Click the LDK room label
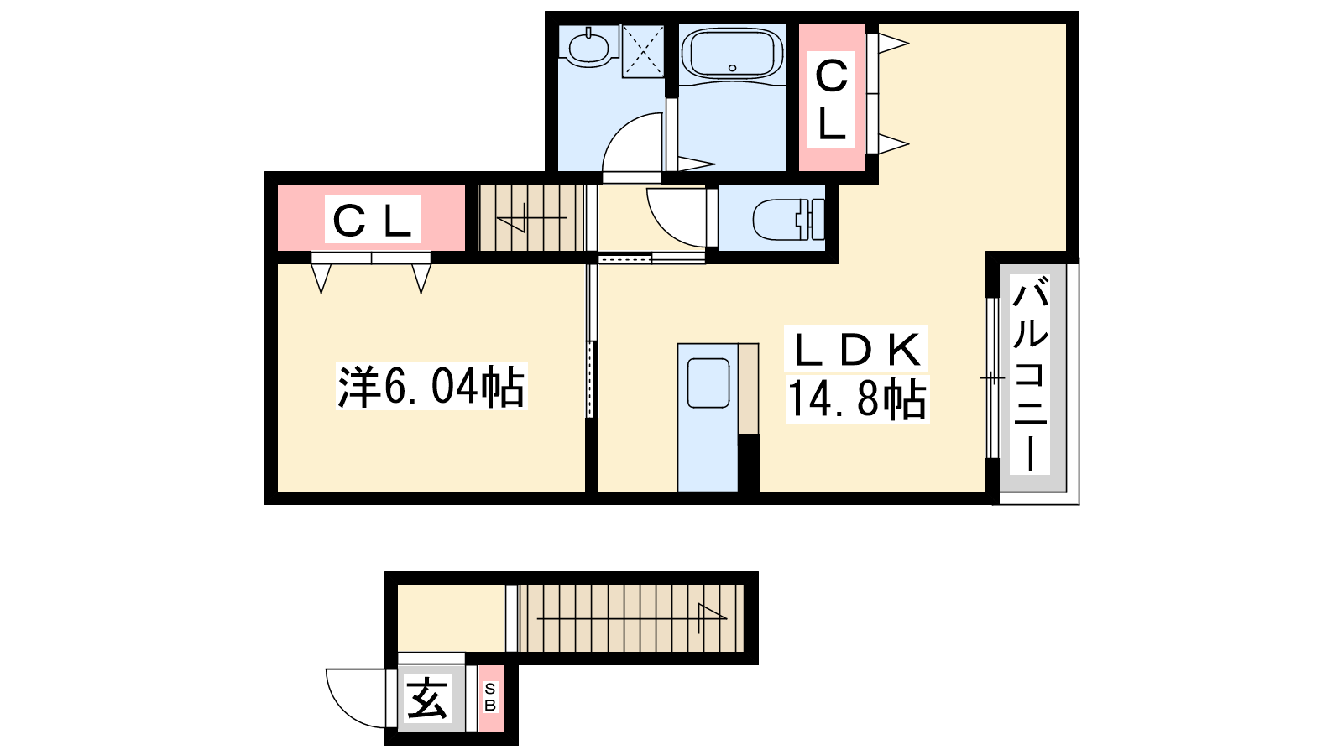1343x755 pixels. pyautogui.click(x=856, y=349)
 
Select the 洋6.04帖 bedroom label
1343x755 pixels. pyautogui.click(x=431, y=387)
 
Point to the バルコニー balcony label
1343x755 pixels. pyautogui.click(x=1030, y=373)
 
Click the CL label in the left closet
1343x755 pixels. pyautogui.click(x=372, y=220)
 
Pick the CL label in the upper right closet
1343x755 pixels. pyautogui.click(x=831, y=100)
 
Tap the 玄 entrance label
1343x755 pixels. pyautogui.click(x=427, y=698)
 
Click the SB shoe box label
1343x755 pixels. pyautogui.click(x=490, y=697)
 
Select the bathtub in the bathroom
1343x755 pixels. pyautogui.click(x=732, y=54)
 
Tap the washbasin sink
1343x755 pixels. pyautogui.click(x=588, y=47)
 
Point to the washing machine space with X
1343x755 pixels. pyautogui.click(x=643, y=51)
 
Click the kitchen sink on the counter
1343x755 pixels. pyautogui.click(x=708, y=383)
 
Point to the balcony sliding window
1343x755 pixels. pyautogui.click(x=993, y=378)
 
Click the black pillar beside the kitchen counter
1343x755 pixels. pyautogui.click(x=749, y=463)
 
